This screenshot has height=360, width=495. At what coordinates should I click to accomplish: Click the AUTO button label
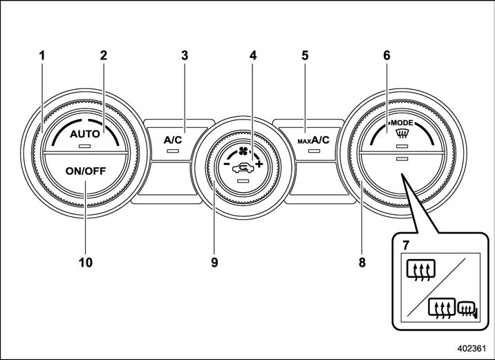[85, 136]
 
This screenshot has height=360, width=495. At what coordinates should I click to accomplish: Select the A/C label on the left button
[172, 140]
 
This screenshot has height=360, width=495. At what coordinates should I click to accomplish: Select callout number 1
[43, 55]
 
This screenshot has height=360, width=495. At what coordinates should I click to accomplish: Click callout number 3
[185, 55]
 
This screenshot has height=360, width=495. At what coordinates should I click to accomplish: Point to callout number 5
[304, 55]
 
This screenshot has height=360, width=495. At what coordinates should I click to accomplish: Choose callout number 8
[362, 263]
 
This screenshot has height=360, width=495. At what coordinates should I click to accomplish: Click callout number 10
[86, 263]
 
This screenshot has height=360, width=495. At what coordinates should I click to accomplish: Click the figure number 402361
[471, 350]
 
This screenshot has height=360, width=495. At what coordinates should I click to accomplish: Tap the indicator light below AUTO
[85, 147]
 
